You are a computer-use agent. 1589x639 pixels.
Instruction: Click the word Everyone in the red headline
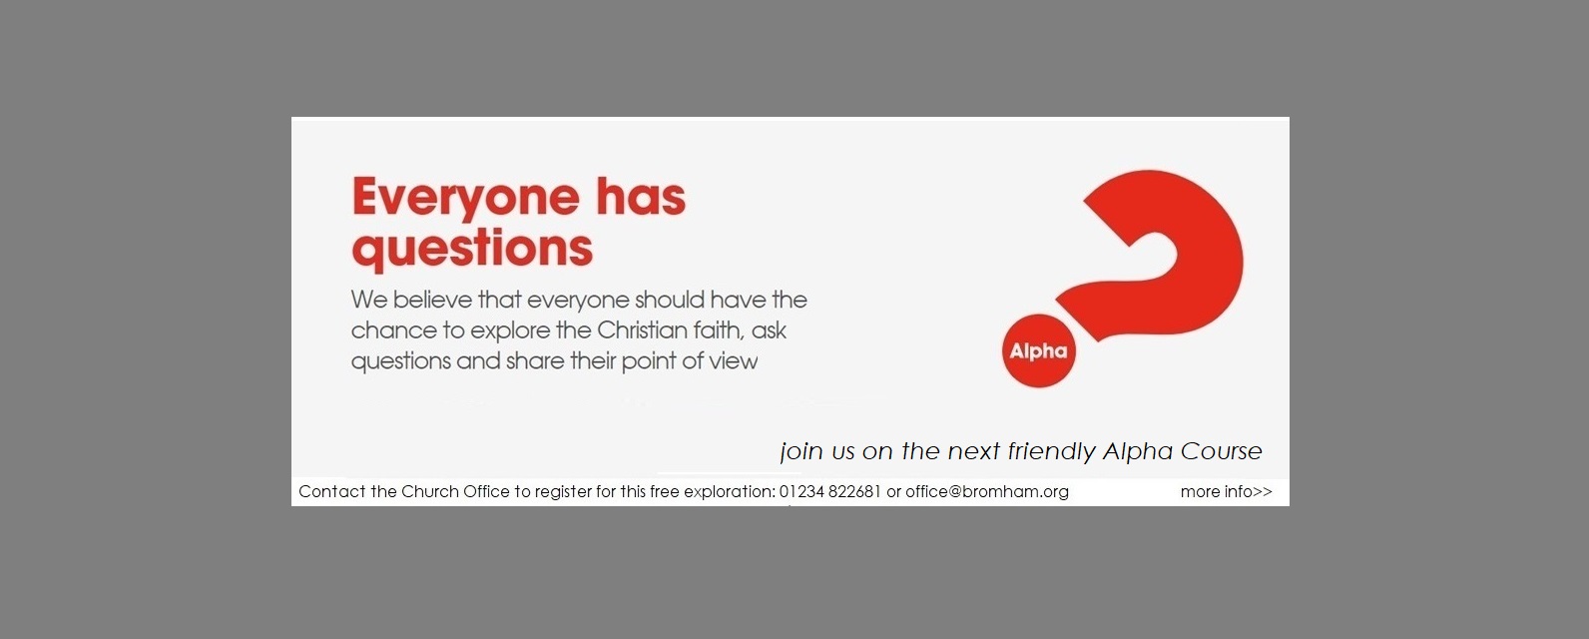click(x=465, y=198)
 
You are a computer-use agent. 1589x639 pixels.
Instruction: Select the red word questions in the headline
click(x=472, y=249)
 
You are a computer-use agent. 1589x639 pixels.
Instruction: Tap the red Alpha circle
click(x=1038, y=351)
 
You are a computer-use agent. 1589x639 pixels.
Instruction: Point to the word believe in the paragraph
click(x=433, y=300)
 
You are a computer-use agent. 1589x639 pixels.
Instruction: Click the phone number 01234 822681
click(x=830, y=491)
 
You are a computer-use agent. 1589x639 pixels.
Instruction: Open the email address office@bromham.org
click(x=987, y=491)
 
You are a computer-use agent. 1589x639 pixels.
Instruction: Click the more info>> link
click(x=1227, y=491)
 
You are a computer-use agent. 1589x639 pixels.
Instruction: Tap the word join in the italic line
click(x=800, y=451)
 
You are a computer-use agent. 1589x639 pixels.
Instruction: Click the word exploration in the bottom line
click(x=730, y=492)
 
